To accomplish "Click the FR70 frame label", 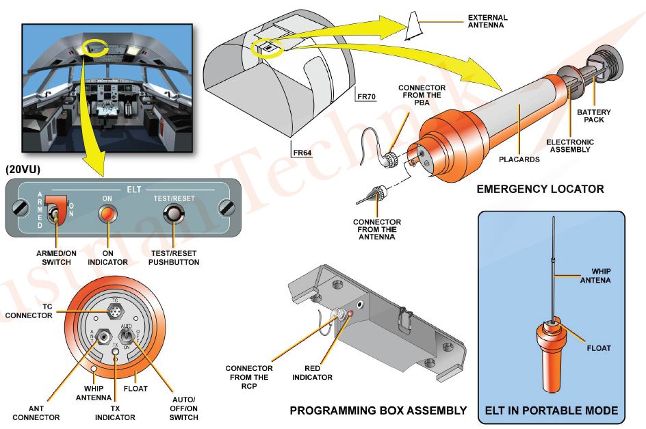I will pyautogui.click(x=367, y=96).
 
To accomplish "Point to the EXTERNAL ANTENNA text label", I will pyautogui.click(x=487, y=21).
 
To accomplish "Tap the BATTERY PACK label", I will pyautogui.click(x=593, y=116).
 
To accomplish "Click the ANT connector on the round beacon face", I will pyautogui.click(x=104, y=336).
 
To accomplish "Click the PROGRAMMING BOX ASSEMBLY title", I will pyautogui.click(x=378, y=411).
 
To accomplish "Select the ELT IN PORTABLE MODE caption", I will pyautogui.click(x=551, y=411).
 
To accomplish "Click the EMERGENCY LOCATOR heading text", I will pyautogui.click(x=540, y=189).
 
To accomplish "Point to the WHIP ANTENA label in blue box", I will pyautogui.click(x=595, y=275).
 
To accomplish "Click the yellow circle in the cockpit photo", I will pyautogui.click(x=95, y=48).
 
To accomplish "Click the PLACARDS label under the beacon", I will pyautogui.click(x=519, y=159).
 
